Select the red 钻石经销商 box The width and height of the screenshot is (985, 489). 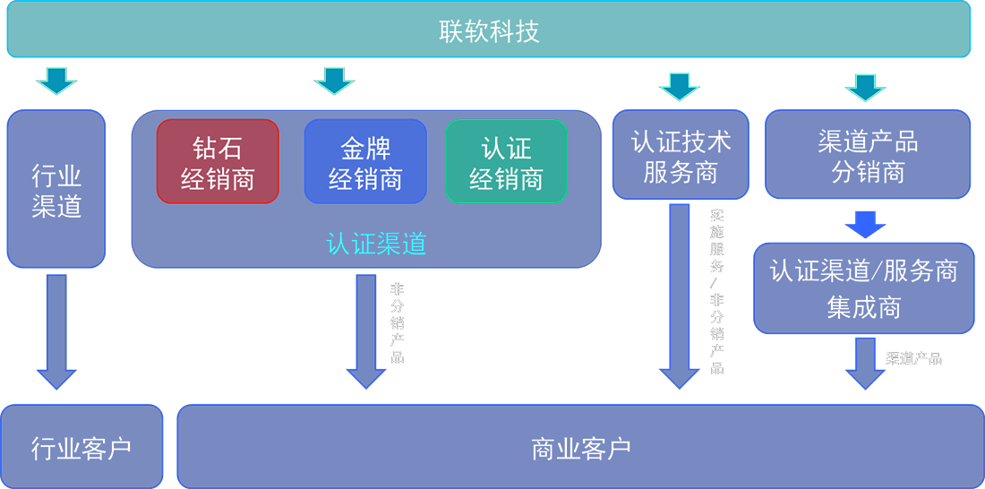coord(218,161)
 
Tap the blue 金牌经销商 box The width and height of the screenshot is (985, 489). coord(365,161)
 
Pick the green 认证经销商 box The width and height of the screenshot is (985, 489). coord(506,161)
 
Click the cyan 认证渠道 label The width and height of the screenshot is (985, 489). coord(376,244)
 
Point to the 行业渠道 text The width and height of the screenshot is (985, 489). coord(56,190)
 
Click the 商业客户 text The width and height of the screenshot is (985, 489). coord(580,447)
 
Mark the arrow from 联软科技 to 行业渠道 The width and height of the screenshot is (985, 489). coord(56,80)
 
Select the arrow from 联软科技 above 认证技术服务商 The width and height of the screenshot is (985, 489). coord(680,83)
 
